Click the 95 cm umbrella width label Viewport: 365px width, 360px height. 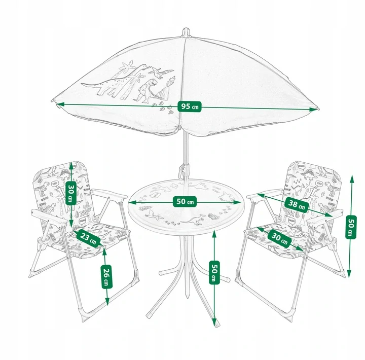click(190, 106)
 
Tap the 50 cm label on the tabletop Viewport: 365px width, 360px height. click(185, 201)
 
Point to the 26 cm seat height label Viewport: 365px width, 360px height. click(106, 277)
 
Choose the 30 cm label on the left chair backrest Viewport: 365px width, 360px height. click(71, 193)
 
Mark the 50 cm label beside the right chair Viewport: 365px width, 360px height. click(351, 227)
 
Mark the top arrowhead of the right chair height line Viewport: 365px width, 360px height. click(351, 179)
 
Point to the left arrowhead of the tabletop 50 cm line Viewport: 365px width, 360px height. click(133, 203)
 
